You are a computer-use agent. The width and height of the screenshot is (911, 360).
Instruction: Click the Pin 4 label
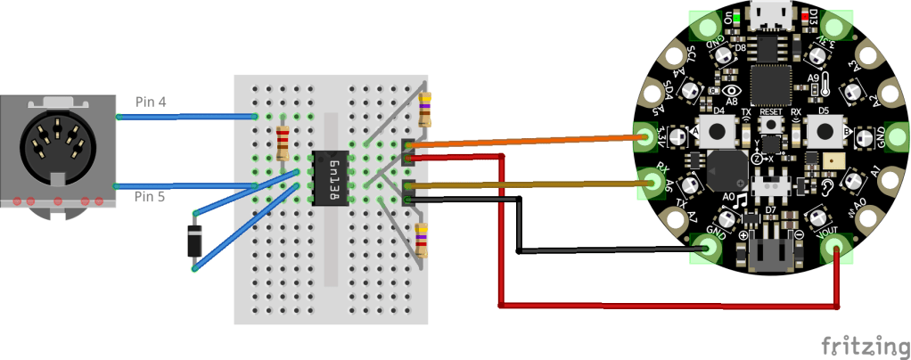coord(151,102)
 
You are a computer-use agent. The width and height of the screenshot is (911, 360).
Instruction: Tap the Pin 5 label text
coord(151,197)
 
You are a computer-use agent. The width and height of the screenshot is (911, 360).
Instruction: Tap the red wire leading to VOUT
coord(497,232)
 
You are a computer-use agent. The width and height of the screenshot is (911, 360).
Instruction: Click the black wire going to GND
coord(606,251)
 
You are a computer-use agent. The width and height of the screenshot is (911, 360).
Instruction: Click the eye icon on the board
coord(732,89)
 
